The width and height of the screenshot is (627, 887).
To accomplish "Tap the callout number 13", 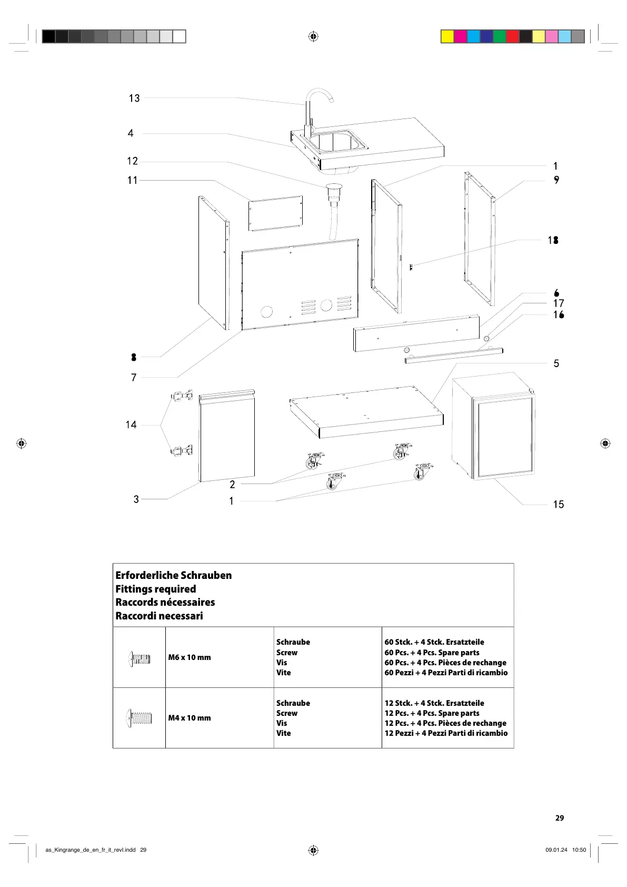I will pos(134,98).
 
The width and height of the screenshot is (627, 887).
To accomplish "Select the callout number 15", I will pos(558,505).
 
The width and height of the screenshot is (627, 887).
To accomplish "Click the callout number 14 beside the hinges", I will pos(131,425).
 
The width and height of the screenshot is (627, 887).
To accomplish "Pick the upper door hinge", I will pos(182,396).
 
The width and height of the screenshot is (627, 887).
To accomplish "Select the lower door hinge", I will pos(182,450).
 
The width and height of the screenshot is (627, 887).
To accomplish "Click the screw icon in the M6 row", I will pos(140,658).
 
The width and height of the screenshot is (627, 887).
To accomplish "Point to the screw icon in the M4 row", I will pos(140,718).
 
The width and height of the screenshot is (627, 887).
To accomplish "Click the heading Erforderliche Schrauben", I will pos(173,575).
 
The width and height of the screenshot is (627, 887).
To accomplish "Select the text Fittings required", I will pos(156,589).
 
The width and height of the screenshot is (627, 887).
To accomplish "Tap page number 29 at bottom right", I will pos(560,818).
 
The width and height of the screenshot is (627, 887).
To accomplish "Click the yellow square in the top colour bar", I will pos(447,36).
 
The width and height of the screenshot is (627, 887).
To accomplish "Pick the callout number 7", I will pos(134,378).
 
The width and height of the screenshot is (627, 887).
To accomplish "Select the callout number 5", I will pos(556,363).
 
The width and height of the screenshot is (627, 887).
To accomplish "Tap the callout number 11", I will pos(132,180).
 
